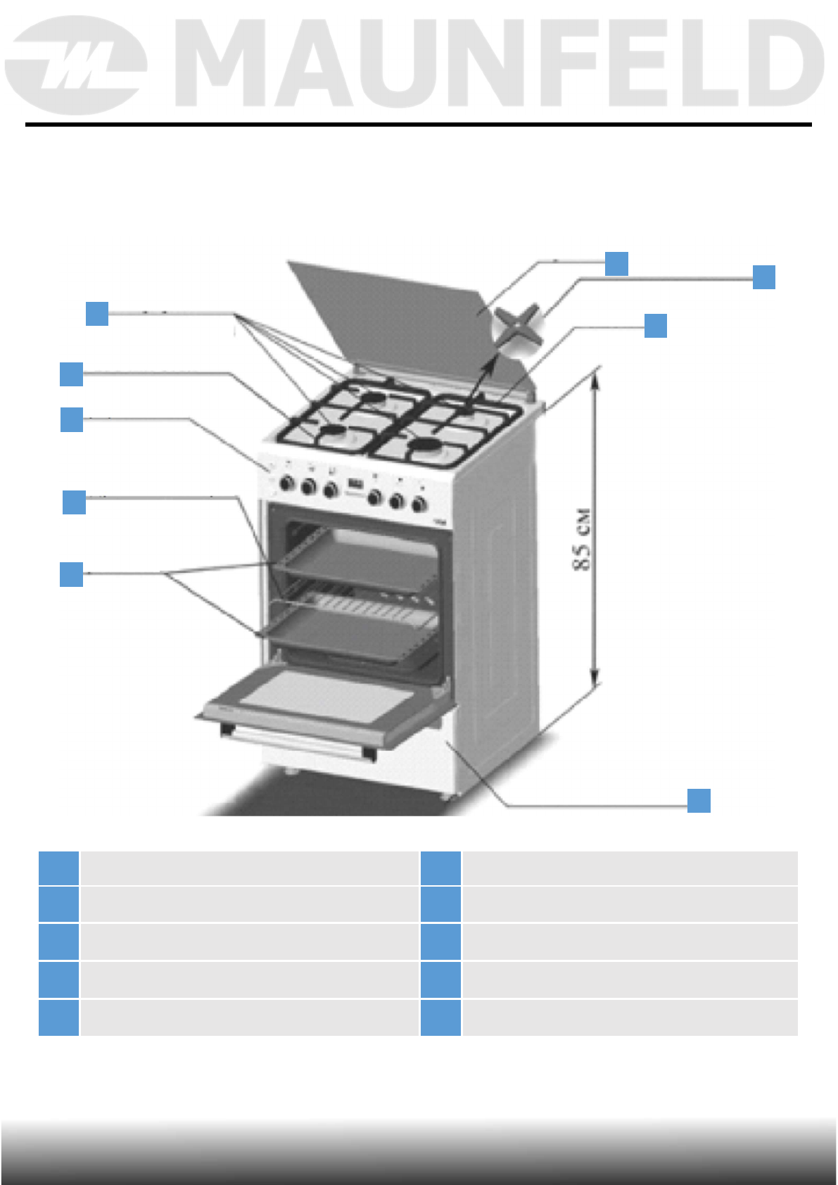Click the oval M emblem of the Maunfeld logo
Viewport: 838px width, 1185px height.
[76, 65]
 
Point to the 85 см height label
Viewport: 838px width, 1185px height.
[581, 539]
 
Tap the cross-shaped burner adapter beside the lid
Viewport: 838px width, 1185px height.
[519, 327]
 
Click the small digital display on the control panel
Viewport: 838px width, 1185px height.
[355, 484]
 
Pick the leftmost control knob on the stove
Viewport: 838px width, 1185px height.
[287, 483]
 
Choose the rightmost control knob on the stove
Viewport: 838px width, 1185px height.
[419, 504]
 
